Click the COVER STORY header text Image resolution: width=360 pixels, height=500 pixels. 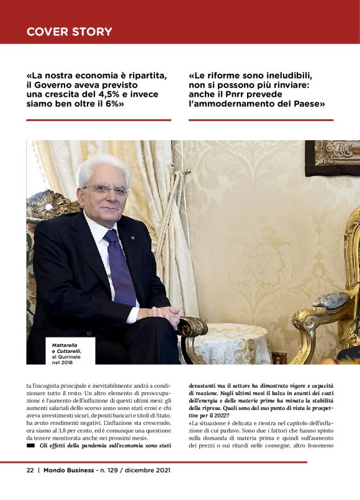70,32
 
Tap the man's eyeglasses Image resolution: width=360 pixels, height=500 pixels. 106,190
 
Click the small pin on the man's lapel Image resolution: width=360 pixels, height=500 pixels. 132,238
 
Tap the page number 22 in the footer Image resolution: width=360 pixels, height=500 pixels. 30,470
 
